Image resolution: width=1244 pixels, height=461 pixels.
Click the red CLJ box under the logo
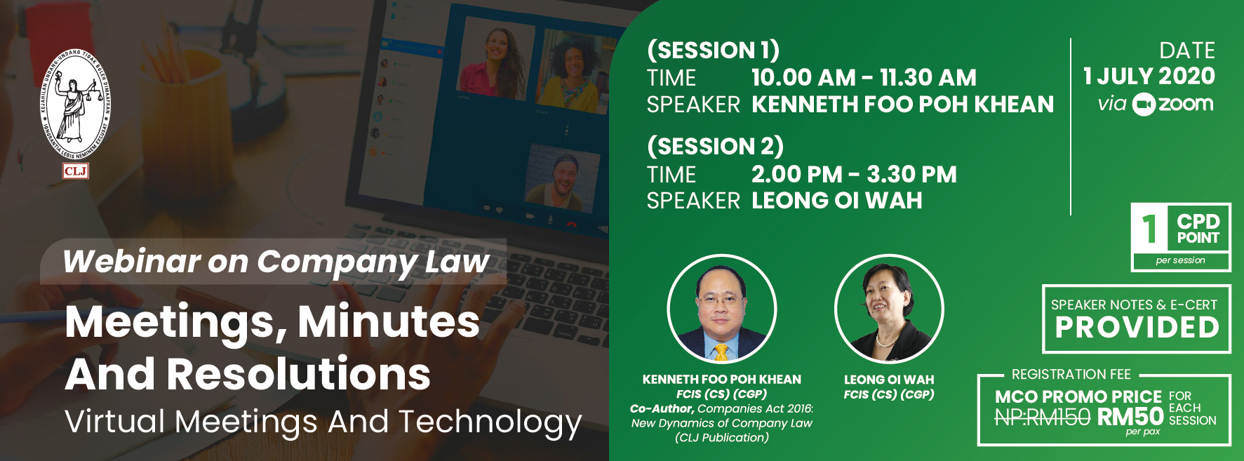pyautogui.click(x=75, y=171)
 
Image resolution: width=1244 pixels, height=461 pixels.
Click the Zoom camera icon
pyautogui.click(x=1144, y=105)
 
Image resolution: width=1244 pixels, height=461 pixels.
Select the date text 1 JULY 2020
pyautogui.click(x=1149, y=76)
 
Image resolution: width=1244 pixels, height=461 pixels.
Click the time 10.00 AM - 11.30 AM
pyautogui.click(x=864, y=77)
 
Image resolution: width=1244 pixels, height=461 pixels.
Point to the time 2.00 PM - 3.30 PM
pyautogui.click(x=854, y=174)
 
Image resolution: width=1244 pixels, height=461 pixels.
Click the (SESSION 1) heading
pyautogui.click(x=713, y=51)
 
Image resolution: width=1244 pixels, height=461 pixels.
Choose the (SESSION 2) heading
pyautogui.click(x=715, y=147)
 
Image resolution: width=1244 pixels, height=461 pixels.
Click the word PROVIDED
pyautogui.click(x=1137, y=328)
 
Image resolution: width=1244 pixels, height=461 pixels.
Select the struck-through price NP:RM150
pyautogui.click(x=1042, y=417)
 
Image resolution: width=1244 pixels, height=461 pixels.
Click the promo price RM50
pyautogui.click(x=1130, y=417)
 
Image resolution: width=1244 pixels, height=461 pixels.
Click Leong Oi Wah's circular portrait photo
pyautogui.click(x=889, y=309)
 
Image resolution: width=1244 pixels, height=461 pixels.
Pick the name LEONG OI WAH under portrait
pyautogui.click(x=889, y=380)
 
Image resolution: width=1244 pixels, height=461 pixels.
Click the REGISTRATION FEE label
pyautogui.click(x=1071, y=375)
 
